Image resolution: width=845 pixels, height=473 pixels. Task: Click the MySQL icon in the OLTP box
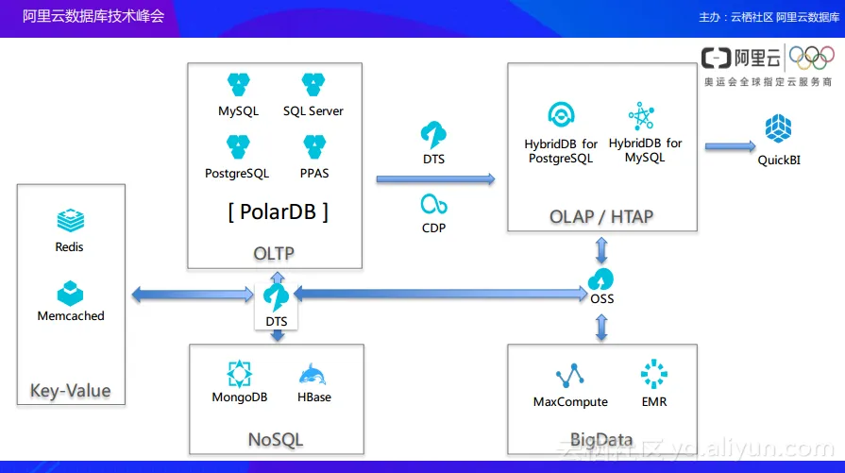pyautogui.click(x=238, y=85)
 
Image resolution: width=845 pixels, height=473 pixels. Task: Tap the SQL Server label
pyautogui.click(x=313, y=111)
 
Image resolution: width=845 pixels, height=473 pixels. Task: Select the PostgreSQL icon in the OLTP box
pyautogui.click(x=238, y=147)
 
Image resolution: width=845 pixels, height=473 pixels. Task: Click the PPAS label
pyautogui.click(x=313, y=174)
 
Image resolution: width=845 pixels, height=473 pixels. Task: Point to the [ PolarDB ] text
pyautogui.click(x=278, y=211)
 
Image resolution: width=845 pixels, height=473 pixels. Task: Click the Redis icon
pyautogui.click(x=70, y=222)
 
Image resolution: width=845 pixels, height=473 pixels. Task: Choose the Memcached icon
pyautogui.click(x=70, y=293)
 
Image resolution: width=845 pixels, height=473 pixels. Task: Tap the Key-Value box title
pyautogui.click(x=70, y=391)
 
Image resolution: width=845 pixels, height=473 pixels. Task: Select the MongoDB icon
pyautogui.click(x=240, y=374)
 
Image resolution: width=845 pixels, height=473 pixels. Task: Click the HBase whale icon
pyautogui.click(x=313, y=375)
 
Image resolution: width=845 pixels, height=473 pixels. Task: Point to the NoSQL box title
pyautogui.click(x=276, y=440)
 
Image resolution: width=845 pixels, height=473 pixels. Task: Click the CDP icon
pyautogui.click(x=434, y=203)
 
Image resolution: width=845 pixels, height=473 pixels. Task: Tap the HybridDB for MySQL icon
pyautogui.click(x=642, y=116)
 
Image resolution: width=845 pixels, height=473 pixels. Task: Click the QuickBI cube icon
pyautogui.click(x=779, y=128)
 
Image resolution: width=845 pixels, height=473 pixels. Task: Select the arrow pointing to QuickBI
pyautogui.click(x=730, y=146)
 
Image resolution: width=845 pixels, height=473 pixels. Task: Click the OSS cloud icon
pyautogui.click(x=601, y=279)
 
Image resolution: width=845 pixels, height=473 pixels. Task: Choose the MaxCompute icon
pyautogui.click(x=569, y=377)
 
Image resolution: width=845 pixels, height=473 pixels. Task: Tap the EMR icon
pyautogui.click(x=653, y=375)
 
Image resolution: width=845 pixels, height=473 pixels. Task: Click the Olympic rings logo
pyautogui.click(x=811, y=60)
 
